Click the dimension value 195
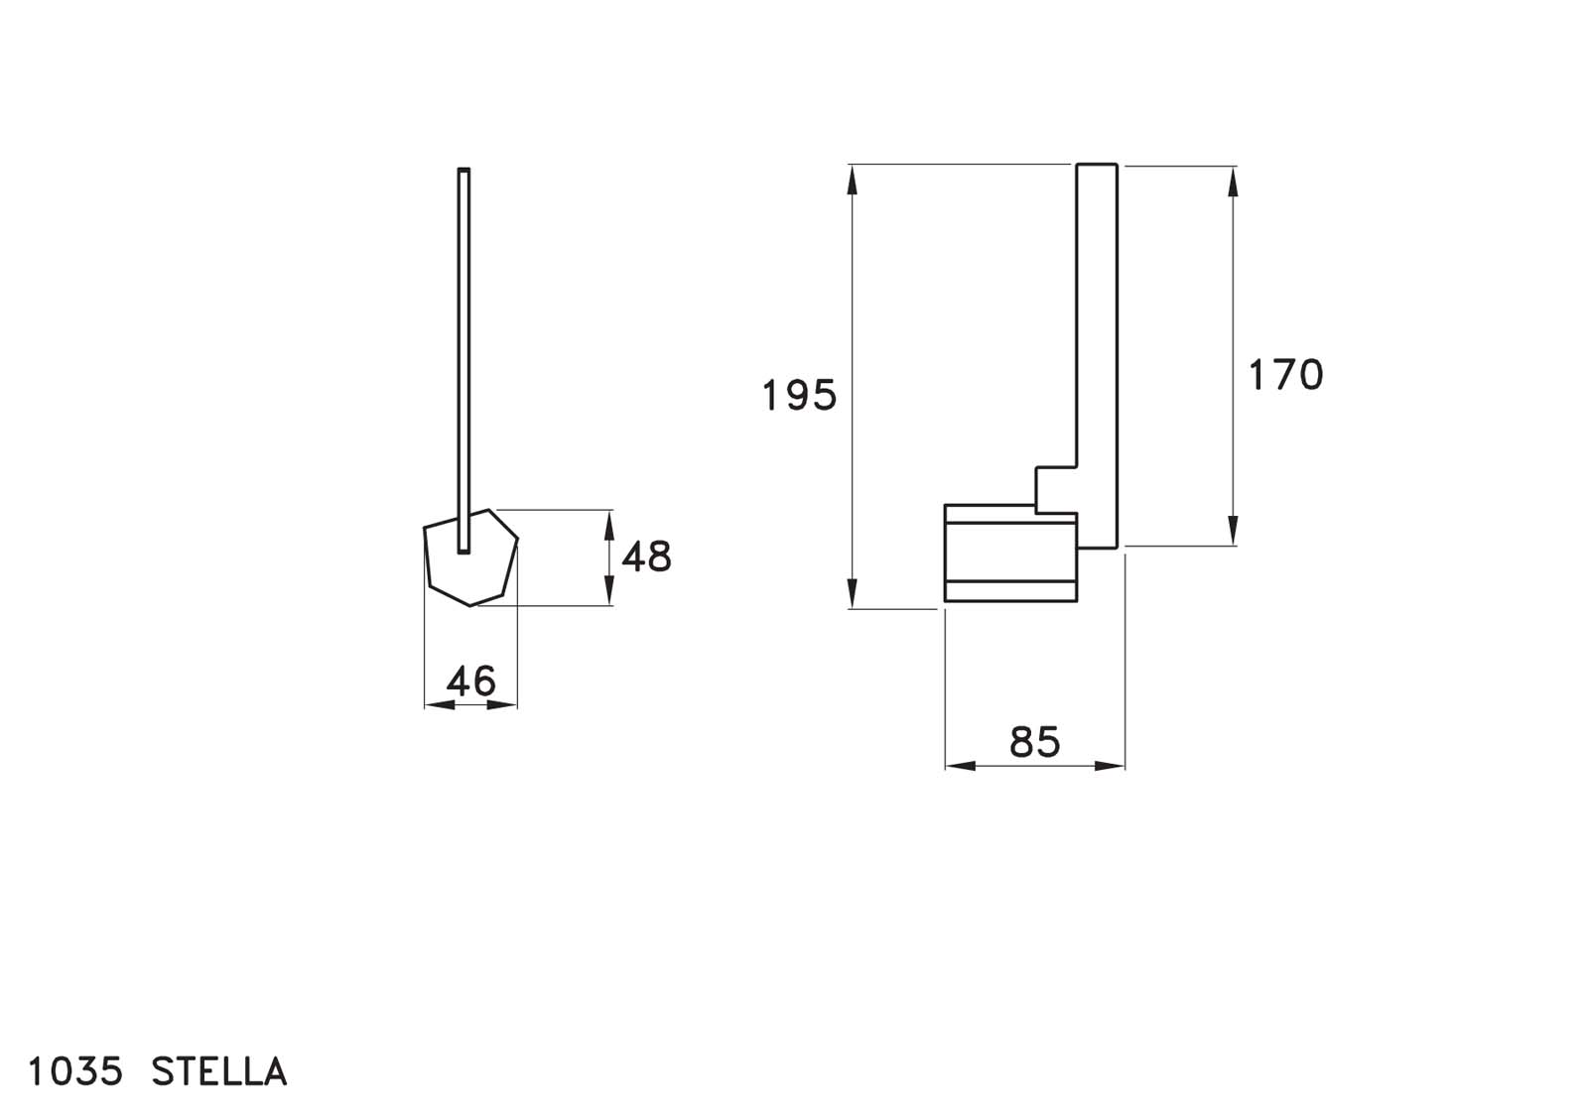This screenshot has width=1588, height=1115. [x=799, y=395]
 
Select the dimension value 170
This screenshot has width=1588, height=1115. [x=1285, y=375]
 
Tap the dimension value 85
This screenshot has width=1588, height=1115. [x=1034, y=742]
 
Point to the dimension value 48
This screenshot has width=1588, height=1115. [x=646, y=557]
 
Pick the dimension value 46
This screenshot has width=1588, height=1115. [x=471, y=681]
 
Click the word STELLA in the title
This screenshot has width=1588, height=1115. [x=219, y=1071]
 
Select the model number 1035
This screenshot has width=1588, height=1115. [x=75, y=1071]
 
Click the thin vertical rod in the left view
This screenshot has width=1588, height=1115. [x=463, y=360]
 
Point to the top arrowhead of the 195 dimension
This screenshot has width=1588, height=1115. [x=853, y=180]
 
